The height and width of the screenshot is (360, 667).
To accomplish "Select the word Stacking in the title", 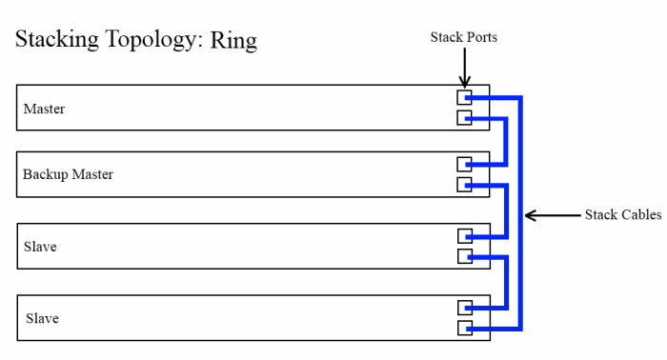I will point(58,42).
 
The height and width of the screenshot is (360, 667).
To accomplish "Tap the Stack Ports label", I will point(464,37).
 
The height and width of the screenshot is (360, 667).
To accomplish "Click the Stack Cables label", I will point(622,215).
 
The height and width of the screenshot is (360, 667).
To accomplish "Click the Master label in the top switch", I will point(45,109).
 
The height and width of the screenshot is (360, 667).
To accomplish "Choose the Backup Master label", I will point(69,175).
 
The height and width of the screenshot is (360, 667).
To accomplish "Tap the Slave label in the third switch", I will point(40,247).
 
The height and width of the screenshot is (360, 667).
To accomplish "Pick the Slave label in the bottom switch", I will point(42,318).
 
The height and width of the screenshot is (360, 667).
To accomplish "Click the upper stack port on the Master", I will point(464,97).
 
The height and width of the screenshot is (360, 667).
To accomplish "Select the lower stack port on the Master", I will point(464,118).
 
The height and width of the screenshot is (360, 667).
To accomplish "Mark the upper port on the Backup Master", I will point(464,164).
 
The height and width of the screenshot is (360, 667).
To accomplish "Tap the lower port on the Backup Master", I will point(464,185).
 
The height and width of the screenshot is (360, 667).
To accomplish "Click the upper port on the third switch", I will point(464,235).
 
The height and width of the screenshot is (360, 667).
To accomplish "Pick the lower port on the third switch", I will point(464,256).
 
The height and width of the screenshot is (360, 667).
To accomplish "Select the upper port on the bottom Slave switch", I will point(464,307).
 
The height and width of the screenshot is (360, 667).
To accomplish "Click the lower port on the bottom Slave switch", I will point(464,328).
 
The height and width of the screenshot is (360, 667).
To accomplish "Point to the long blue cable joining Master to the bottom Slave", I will point(520,214).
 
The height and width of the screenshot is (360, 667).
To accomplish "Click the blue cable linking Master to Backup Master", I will point(505,141).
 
